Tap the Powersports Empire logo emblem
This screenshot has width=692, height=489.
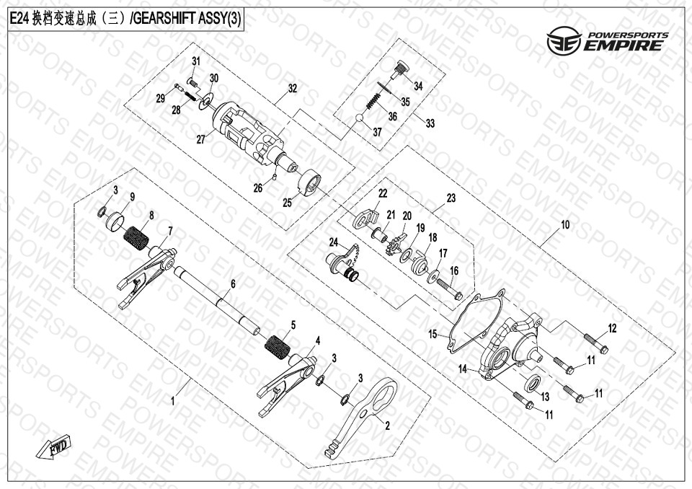tap(564, 40)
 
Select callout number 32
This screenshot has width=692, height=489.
tap(292, 88)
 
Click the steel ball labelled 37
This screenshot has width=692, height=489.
tap(360, 118)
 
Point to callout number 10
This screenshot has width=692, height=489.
tap(565, 224)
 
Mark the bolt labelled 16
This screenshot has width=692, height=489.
tap(449, 288)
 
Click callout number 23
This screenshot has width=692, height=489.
tap(451, 198)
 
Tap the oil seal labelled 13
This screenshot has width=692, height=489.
tap(534, 382)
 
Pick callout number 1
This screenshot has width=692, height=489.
tap(173, 401)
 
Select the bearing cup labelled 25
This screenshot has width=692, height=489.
tap(310, 182)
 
